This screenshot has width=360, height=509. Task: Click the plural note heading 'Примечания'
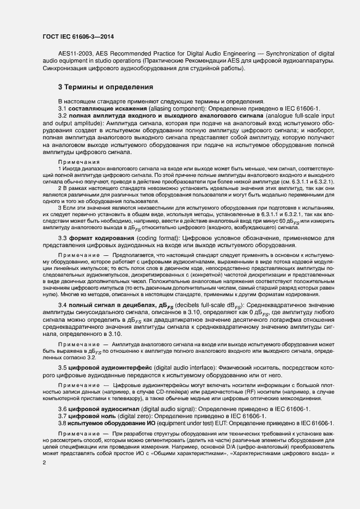tap(79, 162)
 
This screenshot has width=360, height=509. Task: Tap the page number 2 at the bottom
tap(44, 463)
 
